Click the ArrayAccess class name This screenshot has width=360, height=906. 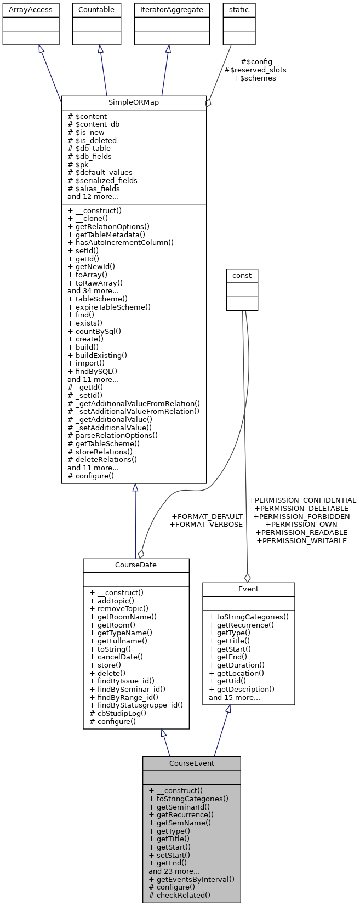(31, 10)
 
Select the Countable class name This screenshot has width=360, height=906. (96, 10)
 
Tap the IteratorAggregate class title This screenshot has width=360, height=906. (172, 10)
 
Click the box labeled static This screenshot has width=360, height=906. (239, 10)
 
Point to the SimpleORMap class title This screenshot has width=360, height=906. (134, 103)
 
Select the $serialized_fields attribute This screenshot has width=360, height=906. (102, 180)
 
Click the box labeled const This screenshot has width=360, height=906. (242, 276)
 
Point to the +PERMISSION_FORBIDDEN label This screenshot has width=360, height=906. (301, 516)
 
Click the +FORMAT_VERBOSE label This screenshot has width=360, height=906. (206, 525)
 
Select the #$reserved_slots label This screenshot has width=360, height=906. (255, 70)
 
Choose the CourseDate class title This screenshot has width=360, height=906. (136, 565)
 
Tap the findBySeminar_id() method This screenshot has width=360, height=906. (127, 689)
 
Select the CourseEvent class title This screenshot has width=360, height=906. (192, 763)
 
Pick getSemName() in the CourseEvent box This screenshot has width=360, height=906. (180, 823)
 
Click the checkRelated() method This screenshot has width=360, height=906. (179, 895)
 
